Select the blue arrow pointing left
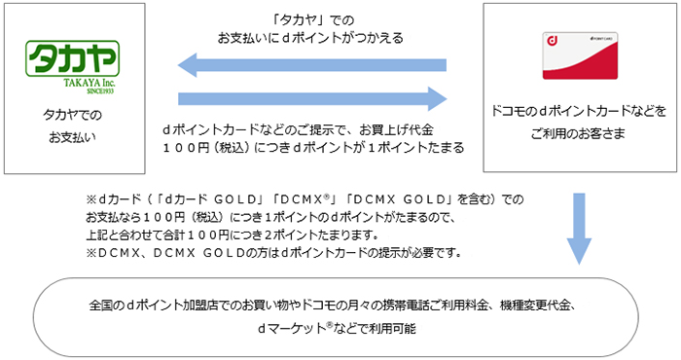pos(311,66)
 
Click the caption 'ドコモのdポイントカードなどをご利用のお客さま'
pos(580,122)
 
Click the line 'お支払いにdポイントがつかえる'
pos(311,38)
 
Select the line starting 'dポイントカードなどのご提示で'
pos(311,128)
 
